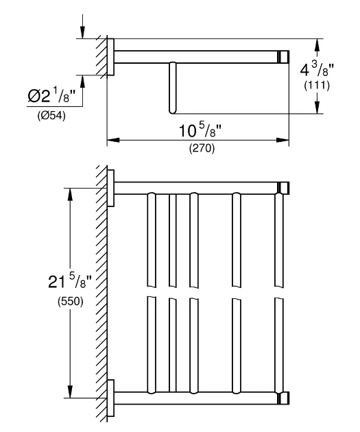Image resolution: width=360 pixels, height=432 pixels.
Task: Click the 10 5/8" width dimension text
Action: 200,130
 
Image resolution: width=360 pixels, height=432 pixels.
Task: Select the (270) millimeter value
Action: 202,149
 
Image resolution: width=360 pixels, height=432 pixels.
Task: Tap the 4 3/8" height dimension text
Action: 317,69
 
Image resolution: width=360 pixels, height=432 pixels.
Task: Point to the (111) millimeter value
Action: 317,86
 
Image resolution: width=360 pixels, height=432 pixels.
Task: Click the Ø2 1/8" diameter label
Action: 51,96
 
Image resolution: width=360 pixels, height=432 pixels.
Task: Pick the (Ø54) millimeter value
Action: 51,116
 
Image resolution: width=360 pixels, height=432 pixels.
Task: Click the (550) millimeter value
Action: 70,302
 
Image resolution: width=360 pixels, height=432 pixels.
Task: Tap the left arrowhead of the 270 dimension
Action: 113,141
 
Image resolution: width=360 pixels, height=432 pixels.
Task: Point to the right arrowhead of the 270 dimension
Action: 283,141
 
